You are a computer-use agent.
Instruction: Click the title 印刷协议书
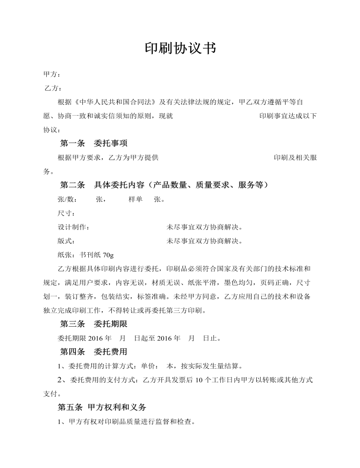180,48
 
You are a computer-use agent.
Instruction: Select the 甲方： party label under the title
52,74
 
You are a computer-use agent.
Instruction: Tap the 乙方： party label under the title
53,88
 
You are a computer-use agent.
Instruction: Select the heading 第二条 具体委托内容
164,185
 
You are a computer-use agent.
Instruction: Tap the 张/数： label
67,199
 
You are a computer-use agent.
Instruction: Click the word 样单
136,199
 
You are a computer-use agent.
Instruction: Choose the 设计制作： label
73,227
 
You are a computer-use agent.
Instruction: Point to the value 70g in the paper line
108,256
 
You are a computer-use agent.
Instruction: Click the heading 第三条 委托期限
94,324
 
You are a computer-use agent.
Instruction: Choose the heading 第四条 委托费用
94,351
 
